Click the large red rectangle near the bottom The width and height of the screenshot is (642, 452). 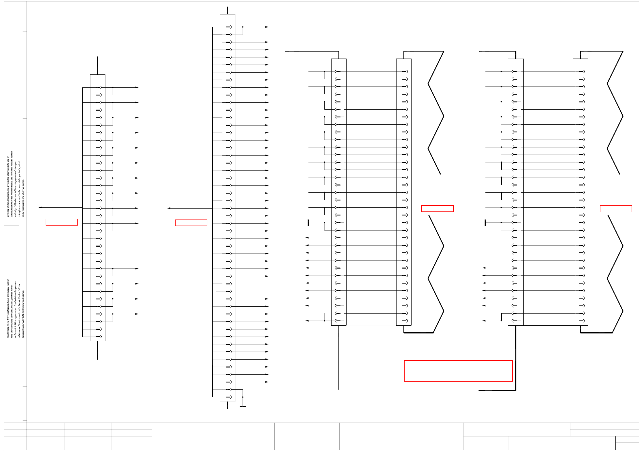[x=458, y=371]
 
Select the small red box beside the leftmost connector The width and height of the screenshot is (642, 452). [x=62, y=222]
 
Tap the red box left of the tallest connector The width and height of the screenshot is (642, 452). [x=191, y=223]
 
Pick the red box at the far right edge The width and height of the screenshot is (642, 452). [x=616, y=209]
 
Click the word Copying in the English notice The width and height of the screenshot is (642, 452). [x=8, y=213]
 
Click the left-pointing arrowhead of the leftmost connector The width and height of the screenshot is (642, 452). [x=40, y=207]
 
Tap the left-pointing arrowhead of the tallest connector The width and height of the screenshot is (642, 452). [x=169, y=208]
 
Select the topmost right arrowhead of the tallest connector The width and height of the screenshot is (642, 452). [x=267, y=27]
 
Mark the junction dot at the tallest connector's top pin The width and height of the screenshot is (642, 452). [x=243, y=27]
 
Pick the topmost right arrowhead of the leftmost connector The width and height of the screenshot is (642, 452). [x=137, y=87]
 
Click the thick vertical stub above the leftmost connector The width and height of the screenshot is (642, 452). [x=98, y=65]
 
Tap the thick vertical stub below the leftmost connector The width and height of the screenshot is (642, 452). [x=98, y=350]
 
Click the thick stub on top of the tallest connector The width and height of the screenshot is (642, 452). [x=228, y=10]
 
